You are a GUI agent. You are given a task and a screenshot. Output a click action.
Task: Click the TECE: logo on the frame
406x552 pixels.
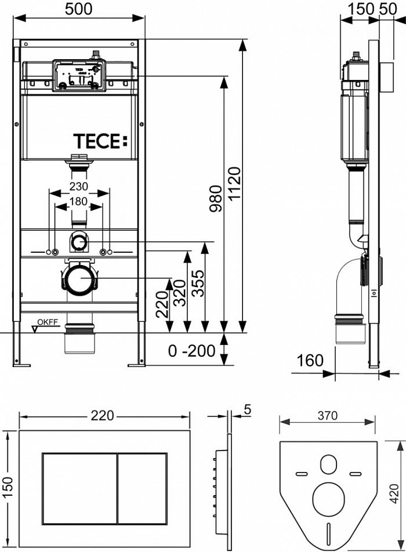pyautogui.click(x=99, y=141)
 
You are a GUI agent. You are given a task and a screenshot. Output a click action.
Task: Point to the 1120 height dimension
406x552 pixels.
pyautogui.click(x=234, y=184)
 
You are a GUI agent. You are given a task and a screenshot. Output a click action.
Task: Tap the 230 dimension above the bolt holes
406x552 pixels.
pyautogui.click(x=79, y=187)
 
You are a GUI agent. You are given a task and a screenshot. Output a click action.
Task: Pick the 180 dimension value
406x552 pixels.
pyautogui.click(x=79, y=202)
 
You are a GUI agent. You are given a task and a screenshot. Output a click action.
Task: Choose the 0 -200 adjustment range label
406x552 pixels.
pyautogui.click(x=192, y=351)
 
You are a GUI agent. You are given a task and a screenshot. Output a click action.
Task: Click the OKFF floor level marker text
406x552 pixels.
pyautogui.click(x=48, y=323)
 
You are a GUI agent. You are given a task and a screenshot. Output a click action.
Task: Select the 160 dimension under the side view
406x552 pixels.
pyautogui.click(x=311, y=361)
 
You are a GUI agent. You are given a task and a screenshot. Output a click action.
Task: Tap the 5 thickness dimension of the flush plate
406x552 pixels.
pyautogui.click(x=247, y=409)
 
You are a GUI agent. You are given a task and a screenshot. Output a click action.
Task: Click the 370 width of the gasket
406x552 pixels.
pyautogui.click(x=328, y=416)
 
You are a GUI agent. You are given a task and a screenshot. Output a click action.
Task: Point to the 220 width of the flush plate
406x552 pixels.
pyautogui.click(x=105, y=416)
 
